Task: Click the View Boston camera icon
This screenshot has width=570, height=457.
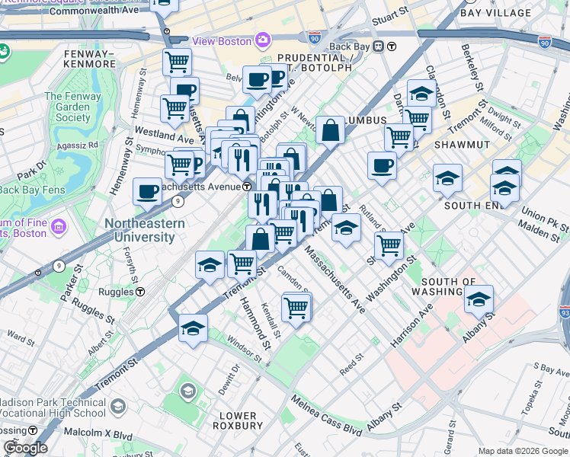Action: coord(263,40)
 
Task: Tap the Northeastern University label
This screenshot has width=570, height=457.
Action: coord(144,230)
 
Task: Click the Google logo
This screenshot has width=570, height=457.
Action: coord(25,448)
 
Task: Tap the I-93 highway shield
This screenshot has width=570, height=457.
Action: coord(564,312)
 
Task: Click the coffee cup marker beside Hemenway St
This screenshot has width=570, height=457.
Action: coord(147,191)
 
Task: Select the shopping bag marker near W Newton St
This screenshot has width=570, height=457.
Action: coord(330,129)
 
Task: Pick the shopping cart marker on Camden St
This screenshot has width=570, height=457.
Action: coord(296,308)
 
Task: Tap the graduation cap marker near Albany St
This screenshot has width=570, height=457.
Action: coord(479,299)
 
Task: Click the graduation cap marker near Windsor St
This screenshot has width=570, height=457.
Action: coord(193,328)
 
